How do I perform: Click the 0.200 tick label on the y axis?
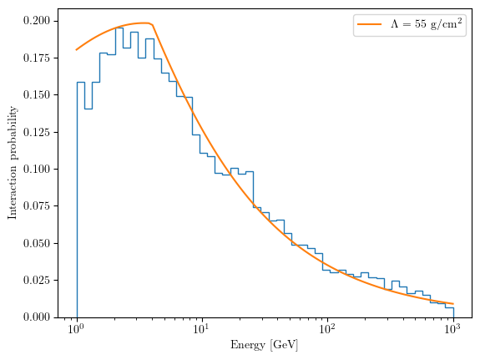click(37, 21)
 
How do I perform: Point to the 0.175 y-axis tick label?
click(37, 58)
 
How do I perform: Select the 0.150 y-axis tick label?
click(37, 95)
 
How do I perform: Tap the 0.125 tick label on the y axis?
click(37, 132)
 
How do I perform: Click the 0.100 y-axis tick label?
click(37, 169)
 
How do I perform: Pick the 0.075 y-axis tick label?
click(37, 205)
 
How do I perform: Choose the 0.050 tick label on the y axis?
click(37, 243)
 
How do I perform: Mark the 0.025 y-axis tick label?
click(37, 280)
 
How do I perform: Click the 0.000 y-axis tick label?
click(37, 317)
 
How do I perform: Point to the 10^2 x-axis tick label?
click(327, 329)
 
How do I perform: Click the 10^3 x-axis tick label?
click(452, 329)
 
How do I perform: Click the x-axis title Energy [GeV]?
click(264, 345)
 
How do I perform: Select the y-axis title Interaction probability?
click(13, 163)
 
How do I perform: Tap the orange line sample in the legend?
click(369, 24)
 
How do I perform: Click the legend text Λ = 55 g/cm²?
click(426, 23)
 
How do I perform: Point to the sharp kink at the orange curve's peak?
click(152, 25)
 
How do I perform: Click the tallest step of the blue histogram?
click(119, 28)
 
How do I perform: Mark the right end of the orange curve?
click(453, 304)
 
